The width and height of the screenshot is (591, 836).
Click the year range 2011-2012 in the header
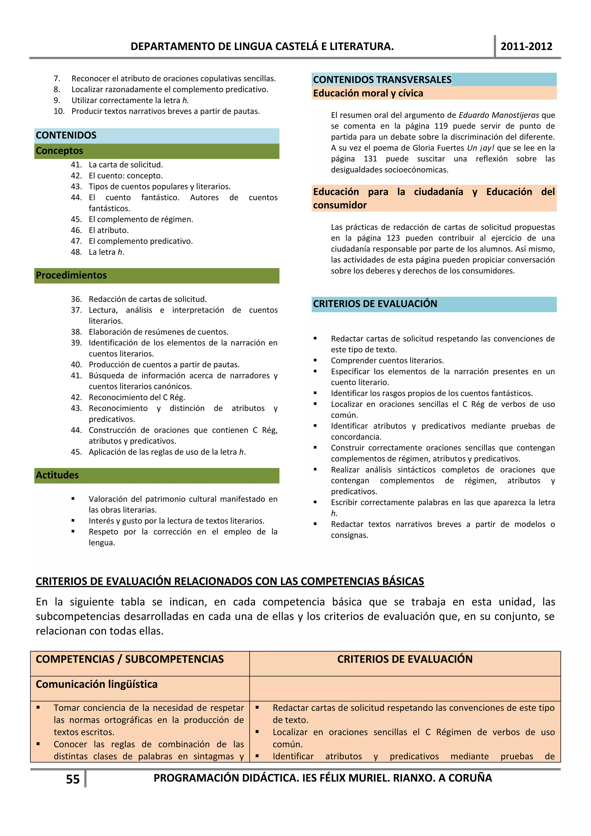tap(526, 46)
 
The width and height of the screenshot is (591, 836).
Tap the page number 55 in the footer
tap(73, 779)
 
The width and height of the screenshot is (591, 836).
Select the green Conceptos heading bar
tap(156, 151)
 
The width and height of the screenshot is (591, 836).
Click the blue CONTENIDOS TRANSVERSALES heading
tap(382, 79)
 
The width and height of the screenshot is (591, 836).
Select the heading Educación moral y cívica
tap(368, 93)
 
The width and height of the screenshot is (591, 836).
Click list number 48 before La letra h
tap(76, 252)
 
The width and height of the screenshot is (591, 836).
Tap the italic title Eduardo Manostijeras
tap(499, 115)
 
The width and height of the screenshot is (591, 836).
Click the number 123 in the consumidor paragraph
tap(393, 238)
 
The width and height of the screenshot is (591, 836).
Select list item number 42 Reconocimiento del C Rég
tap(76, 397)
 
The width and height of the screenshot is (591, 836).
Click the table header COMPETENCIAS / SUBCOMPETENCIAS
tap(130, 659)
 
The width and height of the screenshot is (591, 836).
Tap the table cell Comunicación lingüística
tap(96, 684)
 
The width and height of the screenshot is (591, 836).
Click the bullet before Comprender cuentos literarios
tap(315, 361)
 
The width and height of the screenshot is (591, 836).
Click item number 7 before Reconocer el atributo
tap(57, 79)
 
